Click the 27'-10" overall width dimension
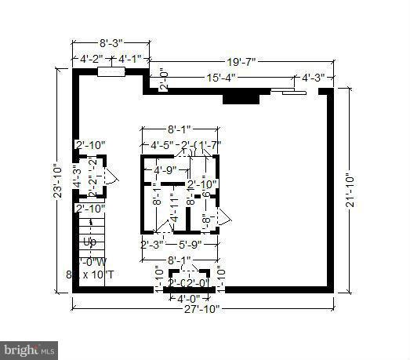pyautogui.click(x=202, y=308)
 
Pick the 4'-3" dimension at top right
pyautogui.click(x=316, y=77)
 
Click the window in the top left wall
pyautogui.click(x=111, y=72)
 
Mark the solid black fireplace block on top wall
pyautogui.click(x=241, y=97)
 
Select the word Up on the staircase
pyautogui.click(x=89, y=242)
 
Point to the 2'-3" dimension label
pyautogui.click(x=151, y=245)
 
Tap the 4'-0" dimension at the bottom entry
pyautogui.click(x=188, y=299)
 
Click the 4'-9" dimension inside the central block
pyautogui.click(x=165, y=170)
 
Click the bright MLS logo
pyautogui.click(x=30, y=347)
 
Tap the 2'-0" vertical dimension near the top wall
pyautogui.click(x=162, y=79)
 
